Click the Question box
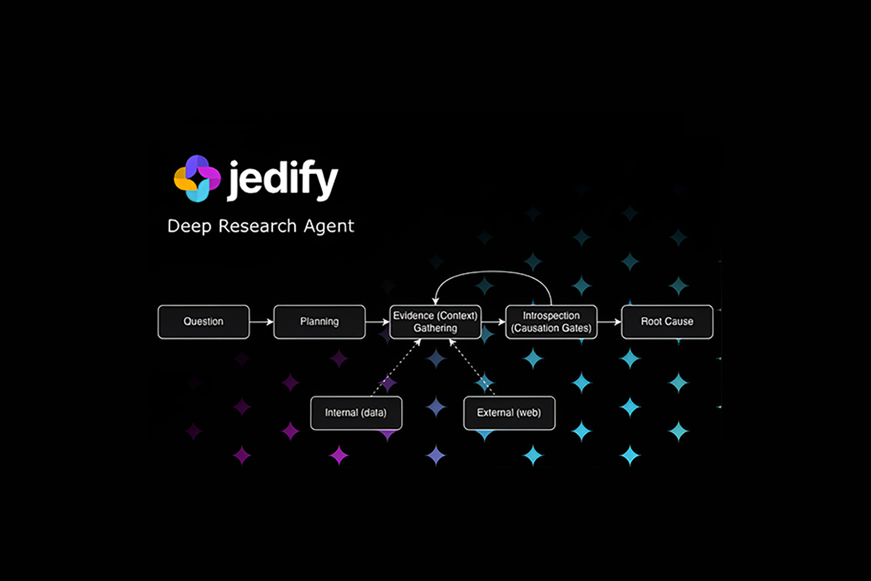point(204,322)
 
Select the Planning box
point(319,322)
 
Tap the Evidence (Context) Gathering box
point(435,322)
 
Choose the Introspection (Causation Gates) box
point(551,322)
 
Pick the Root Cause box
point(667,322)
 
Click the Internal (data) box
point(356,413)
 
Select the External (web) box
point(509,413)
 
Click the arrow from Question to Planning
point(261,322)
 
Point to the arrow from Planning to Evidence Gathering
point(377,322)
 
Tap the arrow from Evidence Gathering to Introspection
point(493,322)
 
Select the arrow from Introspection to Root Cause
point(609,322)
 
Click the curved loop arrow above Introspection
point(493,272)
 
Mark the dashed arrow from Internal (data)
point(396,367)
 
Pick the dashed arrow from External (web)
point(472,367)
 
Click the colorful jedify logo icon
point(197,179)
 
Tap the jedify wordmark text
point(283,180)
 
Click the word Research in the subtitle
point(257,226)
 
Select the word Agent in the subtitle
point(329,226)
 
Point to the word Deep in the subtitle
point(189,226)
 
